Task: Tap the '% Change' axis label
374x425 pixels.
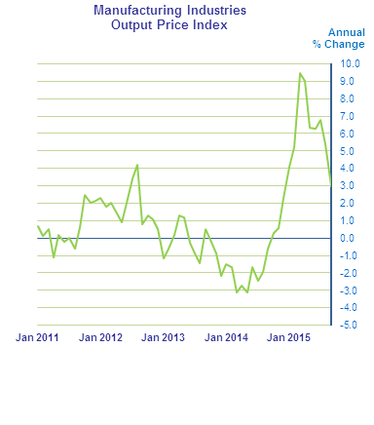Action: coord(338,44)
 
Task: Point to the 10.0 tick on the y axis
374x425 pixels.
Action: coord(350,63)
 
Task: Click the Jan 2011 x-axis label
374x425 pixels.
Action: coord(37,337)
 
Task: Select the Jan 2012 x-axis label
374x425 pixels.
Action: coord(100,337)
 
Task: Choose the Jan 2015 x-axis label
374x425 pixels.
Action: coord(289,337)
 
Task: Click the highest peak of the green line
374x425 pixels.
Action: coord(300,73)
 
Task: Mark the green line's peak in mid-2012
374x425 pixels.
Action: coord(137,165)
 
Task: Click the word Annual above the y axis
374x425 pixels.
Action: coord(347,32)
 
